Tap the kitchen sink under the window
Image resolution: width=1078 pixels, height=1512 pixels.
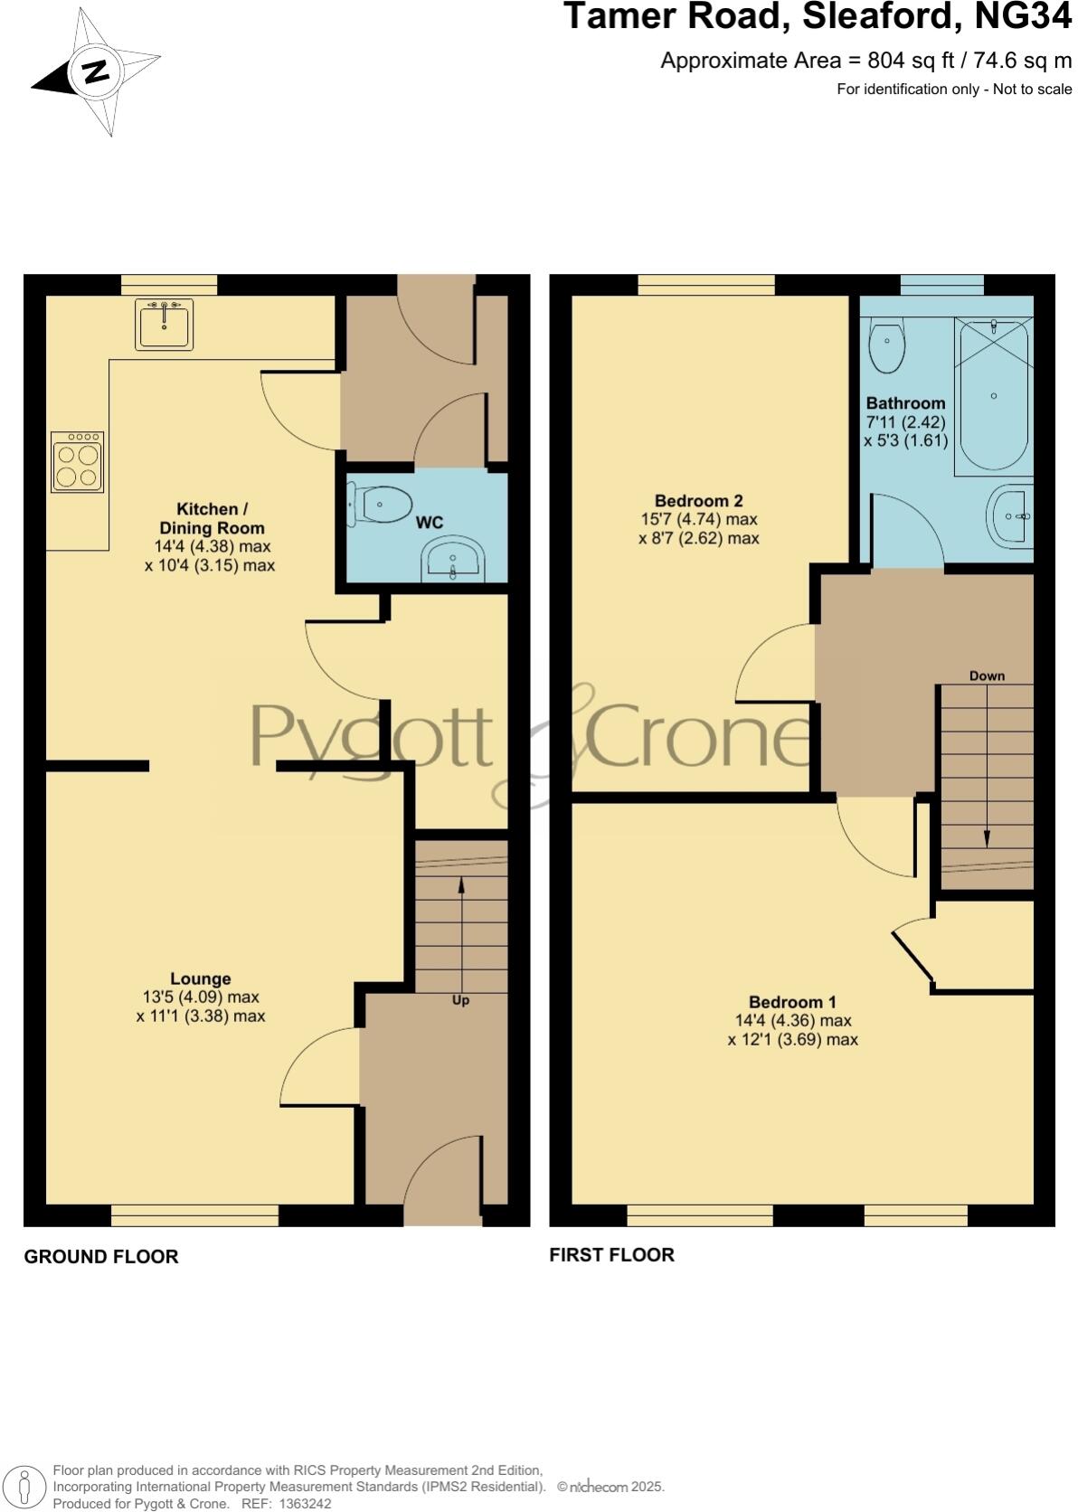coord(164,325)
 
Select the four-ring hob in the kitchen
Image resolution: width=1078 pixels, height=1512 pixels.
coord(77,462)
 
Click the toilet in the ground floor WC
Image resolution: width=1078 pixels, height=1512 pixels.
coord(381,504)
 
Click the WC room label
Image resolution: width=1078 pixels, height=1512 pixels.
coord(430,523)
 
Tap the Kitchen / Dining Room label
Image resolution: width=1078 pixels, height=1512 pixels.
coord(212,518)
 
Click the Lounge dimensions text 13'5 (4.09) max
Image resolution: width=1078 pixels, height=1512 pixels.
coord(201,997)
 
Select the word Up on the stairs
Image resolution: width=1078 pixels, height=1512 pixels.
coord(460,1000)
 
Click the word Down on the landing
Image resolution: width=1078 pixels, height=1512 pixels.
coord(987,676)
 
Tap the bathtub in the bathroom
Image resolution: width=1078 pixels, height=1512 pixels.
coord(993,396)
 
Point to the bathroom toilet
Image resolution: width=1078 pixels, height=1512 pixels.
coord(885,347)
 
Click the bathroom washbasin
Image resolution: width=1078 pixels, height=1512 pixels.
coord(1009,517)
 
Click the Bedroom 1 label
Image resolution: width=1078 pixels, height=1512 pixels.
coord(792,1002)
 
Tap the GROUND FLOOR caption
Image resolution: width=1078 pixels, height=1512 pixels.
coord(101,1256)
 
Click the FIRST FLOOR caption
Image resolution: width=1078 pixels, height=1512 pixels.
coord(611,1254)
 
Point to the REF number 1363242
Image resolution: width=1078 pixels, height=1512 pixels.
coord(306,1504)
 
